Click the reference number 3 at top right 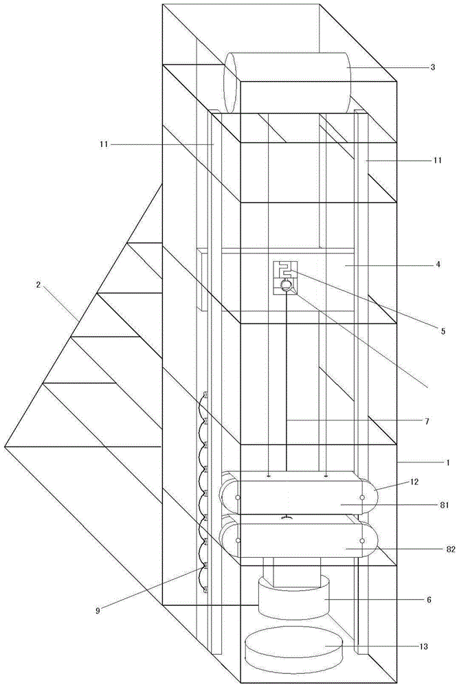coord(432,67)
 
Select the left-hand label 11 coord(104,144)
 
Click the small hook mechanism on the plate coord(284,277)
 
